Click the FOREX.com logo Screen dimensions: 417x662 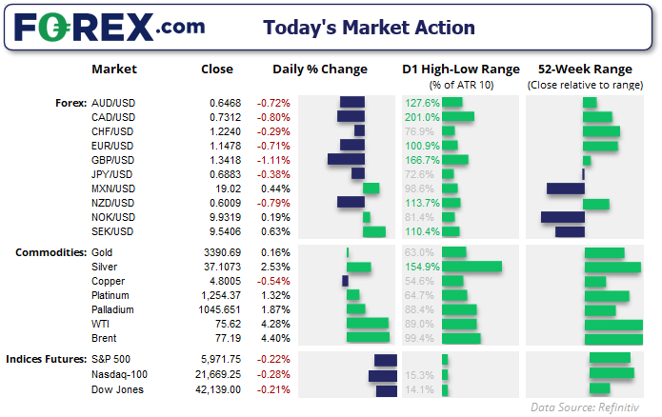click(100, 27)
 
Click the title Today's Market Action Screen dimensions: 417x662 click(369, 27)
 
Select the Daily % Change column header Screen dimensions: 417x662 click(319, 69)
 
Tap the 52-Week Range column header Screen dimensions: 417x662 click(584, 69)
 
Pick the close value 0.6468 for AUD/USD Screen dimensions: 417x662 click(226, 102)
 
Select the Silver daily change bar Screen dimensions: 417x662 click(358, 268)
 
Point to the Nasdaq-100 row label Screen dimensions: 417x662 click(118, 375)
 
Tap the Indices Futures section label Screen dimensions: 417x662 click(45, 359)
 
